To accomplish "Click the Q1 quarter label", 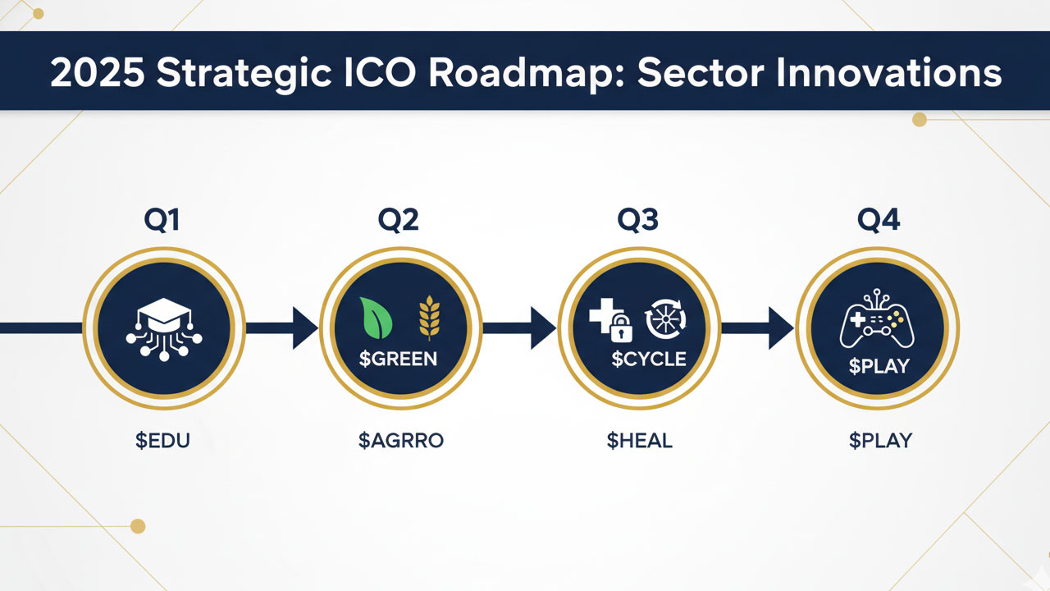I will pos(163,222).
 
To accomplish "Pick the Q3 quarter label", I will pos(639,222).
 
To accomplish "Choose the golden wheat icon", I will pos(429,319).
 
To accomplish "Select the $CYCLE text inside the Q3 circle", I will pos(648,359).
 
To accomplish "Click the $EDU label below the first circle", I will pos(163,440).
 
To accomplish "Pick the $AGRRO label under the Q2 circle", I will pos(401,440).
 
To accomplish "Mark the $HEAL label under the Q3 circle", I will pos(639,440).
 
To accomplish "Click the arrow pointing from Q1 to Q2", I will pos(283,328).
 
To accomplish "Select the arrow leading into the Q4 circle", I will pos(758,328).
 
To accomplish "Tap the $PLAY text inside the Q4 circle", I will pos(879,365).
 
